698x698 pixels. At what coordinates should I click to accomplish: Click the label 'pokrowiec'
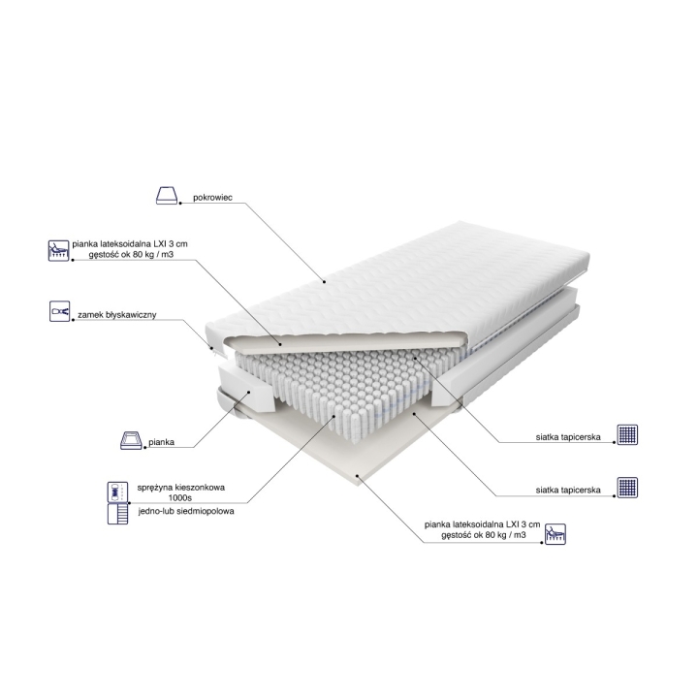[x=212, y=198]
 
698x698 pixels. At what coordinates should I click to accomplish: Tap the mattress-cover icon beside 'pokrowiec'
[x=167, y=196]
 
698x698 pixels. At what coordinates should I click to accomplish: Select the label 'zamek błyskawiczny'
[x=117, y=315]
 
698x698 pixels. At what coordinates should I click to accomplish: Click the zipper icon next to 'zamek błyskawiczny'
[x=60, y=311]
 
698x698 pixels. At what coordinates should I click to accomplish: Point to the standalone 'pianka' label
[x=161, y=442]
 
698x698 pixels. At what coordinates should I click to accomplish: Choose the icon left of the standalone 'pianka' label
[x=131, y=440]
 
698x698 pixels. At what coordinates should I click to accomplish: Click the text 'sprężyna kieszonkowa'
[x=180, y=488]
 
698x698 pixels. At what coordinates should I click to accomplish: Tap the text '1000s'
[x=180, y=498]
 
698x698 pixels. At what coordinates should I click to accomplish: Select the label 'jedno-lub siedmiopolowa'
[x=186, y=511]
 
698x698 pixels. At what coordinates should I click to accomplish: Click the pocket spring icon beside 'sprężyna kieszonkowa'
[x=117, y=492]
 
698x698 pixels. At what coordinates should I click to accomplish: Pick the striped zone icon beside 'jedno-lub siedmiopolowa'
[x=117, y=514]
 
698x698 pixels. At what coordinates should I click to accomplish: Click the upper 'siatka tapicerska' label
[x=568, y=437]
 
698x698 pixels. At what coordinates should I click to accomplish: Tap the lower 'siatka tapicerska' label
[x=568, y=491]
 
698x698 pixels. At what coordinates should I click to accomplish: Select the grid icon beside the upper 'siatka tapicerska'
[x=627, y=434]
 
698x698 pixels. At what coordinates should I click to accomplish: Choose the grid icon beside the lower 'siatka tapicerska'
[x=627, y=488]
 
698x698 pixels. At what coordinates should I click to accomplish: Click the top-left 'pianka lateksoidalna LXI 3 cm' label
[x=130, y=244]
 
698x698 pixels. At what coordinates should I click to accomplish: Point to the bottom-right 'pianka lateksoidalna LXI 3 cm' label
[x=483, y=524]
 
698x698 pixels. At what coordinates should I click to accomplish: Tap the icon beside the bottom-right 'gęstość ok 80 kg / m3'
[x=555, y=534]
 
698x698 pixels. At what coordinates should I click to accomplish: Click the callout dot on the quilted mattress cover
[x=324, y=281]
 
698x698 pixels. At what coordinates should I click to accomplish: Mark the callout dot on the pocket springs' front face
[x=334, y=416]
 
